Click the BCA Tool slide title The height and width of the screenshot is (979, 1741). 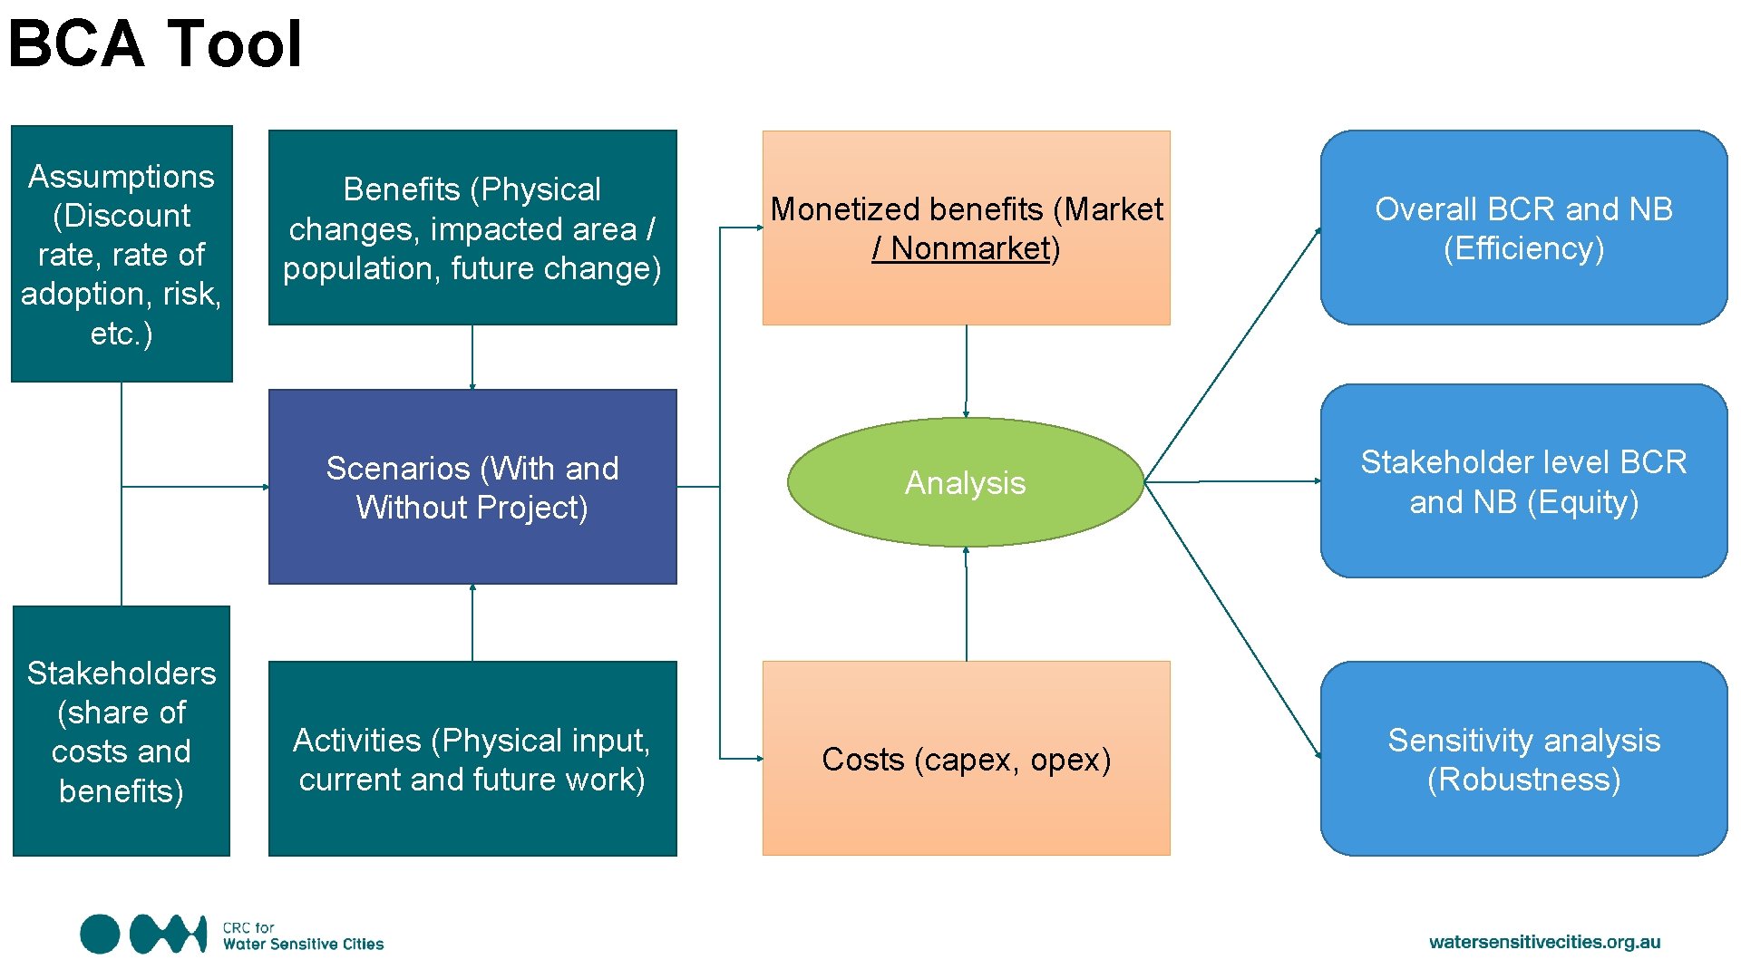point(154,44)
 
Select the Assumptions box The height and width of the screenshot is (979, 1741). point(122,254)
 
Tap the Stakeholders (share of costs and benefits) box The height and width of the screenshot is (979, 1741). point(122,731)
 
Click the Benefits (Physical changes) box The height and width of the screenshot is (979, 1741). point(472,228)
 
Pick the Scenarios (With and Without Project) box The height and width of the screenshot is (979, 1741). point(472,487)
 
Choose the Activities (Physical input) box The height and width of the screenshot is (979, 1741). point(472,759)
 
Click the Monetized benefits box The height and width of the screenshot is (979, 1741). point(966,228)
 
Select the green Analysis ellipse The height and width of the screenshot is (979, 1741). point(966,482)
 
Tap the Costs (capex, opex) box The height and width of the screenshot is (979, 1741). point(966,759)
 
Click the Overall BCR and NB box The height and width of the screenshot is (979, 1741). point(1523,228)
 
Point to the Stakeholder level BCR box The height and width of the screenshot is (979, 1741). point(1523,481)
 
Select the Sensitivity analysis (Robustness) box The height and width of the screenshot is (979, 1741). point(1523,759)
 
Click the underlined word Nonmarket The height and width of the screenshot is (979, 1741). point(970,248)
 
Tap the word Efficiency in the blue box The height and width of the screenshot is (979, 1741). point(1523,248)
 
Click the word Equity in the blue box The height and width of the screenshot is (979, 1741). point(1582,502)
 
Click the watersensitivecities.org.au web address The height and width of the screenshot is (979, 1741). point(1544,942)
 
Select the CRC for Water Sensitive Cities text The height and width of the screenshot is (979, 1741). point(303,936)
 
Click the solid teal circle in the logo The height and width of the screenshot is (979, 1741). point(100,935)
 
